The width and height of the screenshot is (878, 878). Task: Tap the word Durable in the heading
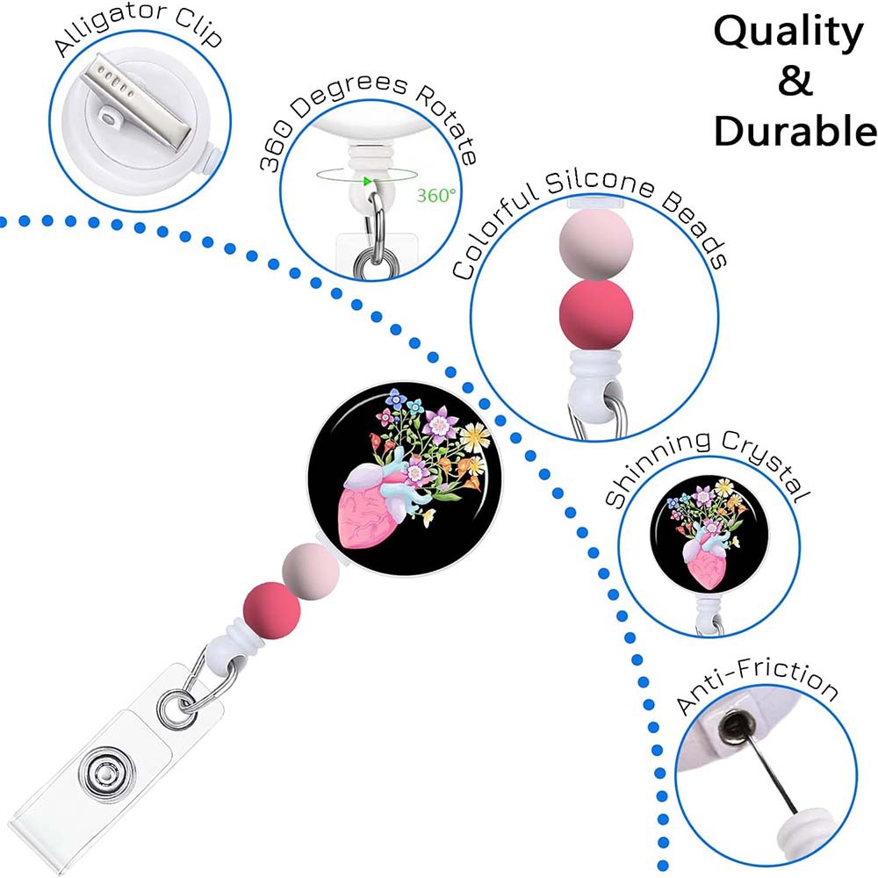pyautogui.click(x=795, y=132)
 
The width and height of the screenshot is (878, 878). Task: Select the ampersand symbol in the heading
pyautogui.click(x=795, y=83)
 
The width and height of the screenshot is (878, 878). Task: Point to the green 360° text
pyautogui.click(x=435, y=196)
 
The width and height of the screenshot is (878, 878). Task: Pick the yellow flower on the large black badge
pyautogui.click(x=475, y=434)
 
